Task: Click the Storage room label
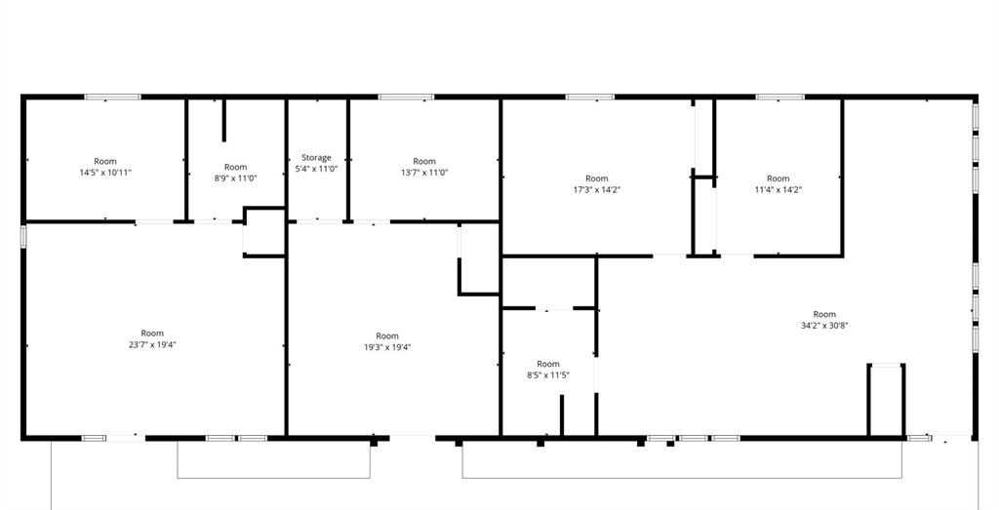click(x=317, y=157)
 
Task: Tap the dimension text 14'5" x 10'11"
click(x=105, y=172)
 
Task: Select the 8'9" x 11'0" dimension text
click(x=236, y=178)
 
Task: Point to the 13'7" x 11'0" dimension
click(x=424, y=172)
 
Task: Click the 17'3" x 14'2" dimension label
click(x=597, y=189)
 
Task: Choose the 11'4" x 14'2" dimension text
click(x=778, y=189)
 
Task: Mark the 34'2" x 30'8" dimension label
click(x=824, y=325)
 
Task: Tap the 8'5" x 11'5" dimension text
click(x=548, y=375)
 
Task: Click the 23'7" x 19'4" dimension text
click(x=152, y=344)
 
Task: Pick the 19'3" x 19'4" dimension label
click(x=387, y=347)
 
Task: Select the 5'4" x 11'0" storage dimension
click(x=317, y=169)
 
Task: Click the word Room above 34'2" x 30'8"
click(x=824, y=314)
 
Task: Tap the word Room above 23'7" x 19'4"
click(x=152, y=333)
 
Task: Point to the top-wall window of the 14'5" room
click(x=113, y=97)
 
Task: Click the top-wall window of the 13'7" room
click(x=406, y=97)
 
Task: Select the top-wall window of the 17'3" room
click(x=590, y=97)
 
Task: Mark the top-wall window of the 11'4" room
click(x=780, y=97)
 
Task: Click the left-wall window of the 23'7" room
click(x=23, y=236)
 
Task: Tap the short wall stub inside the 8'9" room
click(x=223, y=120)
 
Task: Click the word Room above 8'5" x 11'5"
click(x=548, y=364)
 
